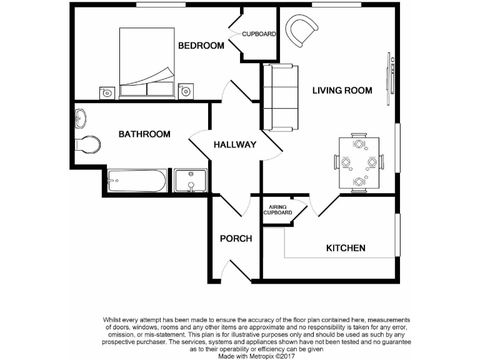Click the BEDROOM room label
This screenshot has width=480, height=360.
pos(201,46)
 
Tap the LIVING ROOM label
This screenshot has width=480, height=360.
pos(342,91)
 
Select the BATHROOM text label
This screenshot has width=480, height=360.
pos(144,134)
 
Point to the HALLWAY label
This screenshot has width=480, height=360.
pos(235,145)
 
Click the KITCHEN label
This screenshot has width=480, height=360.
pos(346,248)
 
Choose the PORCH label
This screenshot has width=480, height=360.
pos(236,239)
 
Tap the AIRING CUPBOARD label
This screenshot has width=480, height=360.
pos(277,210)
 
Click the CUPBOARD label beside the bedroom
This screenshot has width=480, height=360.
pos(259,34)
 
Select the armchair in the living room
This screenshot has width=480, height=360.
pos(302,31)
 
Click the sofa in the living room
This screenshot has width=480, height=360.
pos(279,97)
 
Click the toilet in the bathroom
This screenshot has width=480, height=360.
pos(87,144)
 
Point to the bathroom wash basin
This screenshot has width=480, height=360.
pos(80,117)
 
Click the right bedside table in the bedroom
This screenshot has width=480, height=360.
pos(186,91)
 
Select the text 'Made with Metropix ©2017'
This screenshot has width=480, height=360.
pos(256,356)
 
